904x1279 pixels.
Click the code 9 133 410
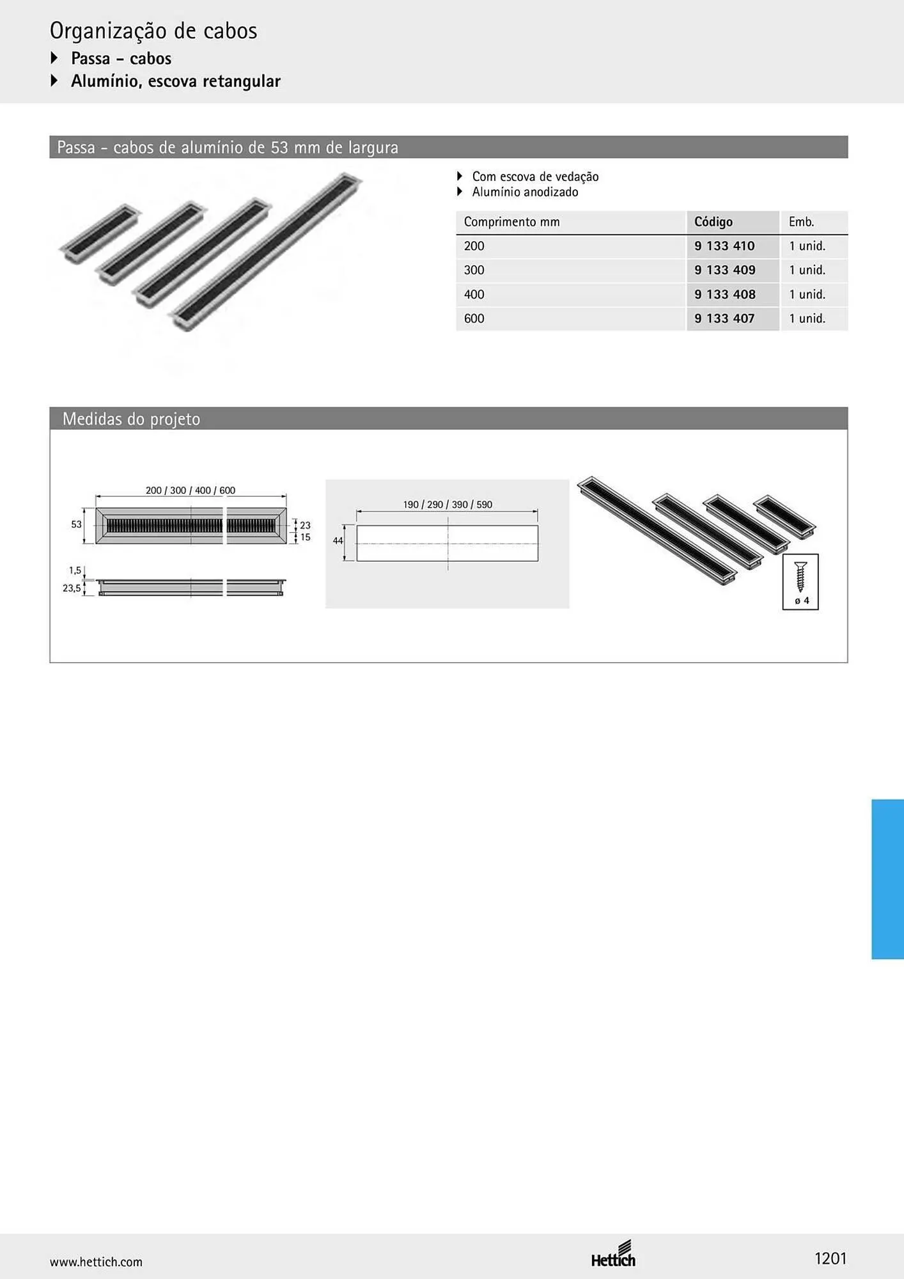click(x=724, y=246)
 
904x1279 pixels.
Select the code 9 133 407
click(x=724, y=318)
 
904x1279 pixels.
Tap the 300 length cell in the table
click(x=474, y=270)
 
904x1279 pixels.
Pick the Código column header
click(x=713, y=222)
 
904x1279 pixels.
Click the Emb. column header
click(x=801, y=222)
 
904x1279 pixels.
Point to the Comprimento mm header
click(x=511, y=222)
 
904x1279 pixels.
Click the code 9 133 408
click(x=725, y=294)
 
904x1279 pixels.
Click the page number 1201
click(x=830, y=1259)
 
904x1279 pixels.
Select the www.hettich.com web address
click(x=96, y=1262)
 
